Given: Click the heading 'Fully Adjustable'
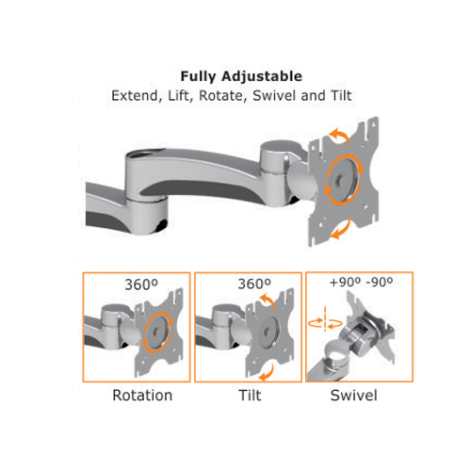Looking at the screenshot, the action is coord(241,76).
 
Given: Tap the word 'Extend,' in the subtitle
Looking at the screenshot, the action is coord(137,96).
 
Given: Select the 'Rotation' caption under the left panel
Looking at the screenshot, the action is coord(142,395).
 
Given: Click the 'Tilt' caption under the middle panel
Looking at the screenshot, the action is coord(250,395).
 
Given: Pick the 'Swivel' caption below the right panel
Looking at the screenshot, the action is coord(353,395).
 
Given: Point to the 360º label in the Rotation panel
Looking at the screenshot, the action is coord(141,284).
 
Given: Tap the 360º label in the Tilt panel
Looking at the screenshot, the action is coord(254,284).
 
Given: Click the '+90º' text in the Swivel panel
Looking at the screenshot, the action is coord(345,283).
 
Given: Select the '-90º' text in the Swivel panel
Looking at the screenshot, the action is coord(380,283).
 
